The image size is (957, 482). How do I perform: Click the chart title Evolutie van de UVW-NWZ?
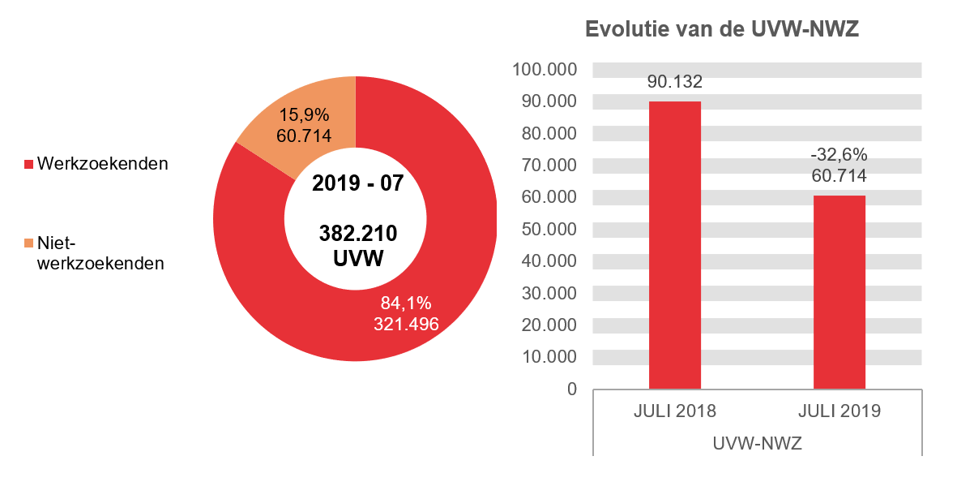click(x=721, y=30)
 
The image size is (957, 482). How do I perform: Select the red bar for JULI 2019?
click(x=839, y=291)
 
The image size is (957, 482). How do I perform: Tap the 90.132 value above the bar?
click(x=674, y=82)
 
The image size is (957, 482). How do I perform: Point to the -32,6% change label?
click(x=839, y=155)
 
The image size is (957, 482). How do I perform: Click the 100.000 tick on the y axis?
click(x=545, y=70)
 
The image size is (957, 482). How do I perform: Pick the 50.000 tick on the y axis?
click(x=549, y=230)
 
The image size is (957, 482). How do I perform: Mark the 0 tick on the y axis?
click(x=572, y=389)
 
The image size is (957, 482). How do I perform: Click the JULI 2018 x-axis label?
click(x=674, y=411)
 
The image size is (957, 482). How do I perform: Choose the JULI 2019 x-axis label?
click(x=839, y=411)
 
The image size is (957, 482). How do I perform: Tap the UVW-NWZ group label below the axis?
click(x=757, y=444)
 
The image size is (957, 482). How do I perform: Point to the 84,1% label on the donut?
click(x=405, y=303)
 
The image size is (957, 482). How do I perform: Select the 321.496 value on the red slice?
click(x=405, y=324)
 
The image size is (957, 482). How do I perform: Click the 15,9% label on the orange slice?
click(x=303, y=116)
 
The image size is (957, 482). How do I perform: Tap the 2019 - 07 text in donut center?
click(x=357, y=183)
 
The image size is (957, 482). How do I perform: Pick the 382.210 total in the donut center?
click(x=357, y=235)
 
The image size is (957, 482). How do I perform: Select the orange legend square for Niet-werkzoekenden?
click(x=28, y=243)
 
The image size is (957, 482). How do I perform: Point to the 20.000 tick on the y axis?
click(x=549, y=325)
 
